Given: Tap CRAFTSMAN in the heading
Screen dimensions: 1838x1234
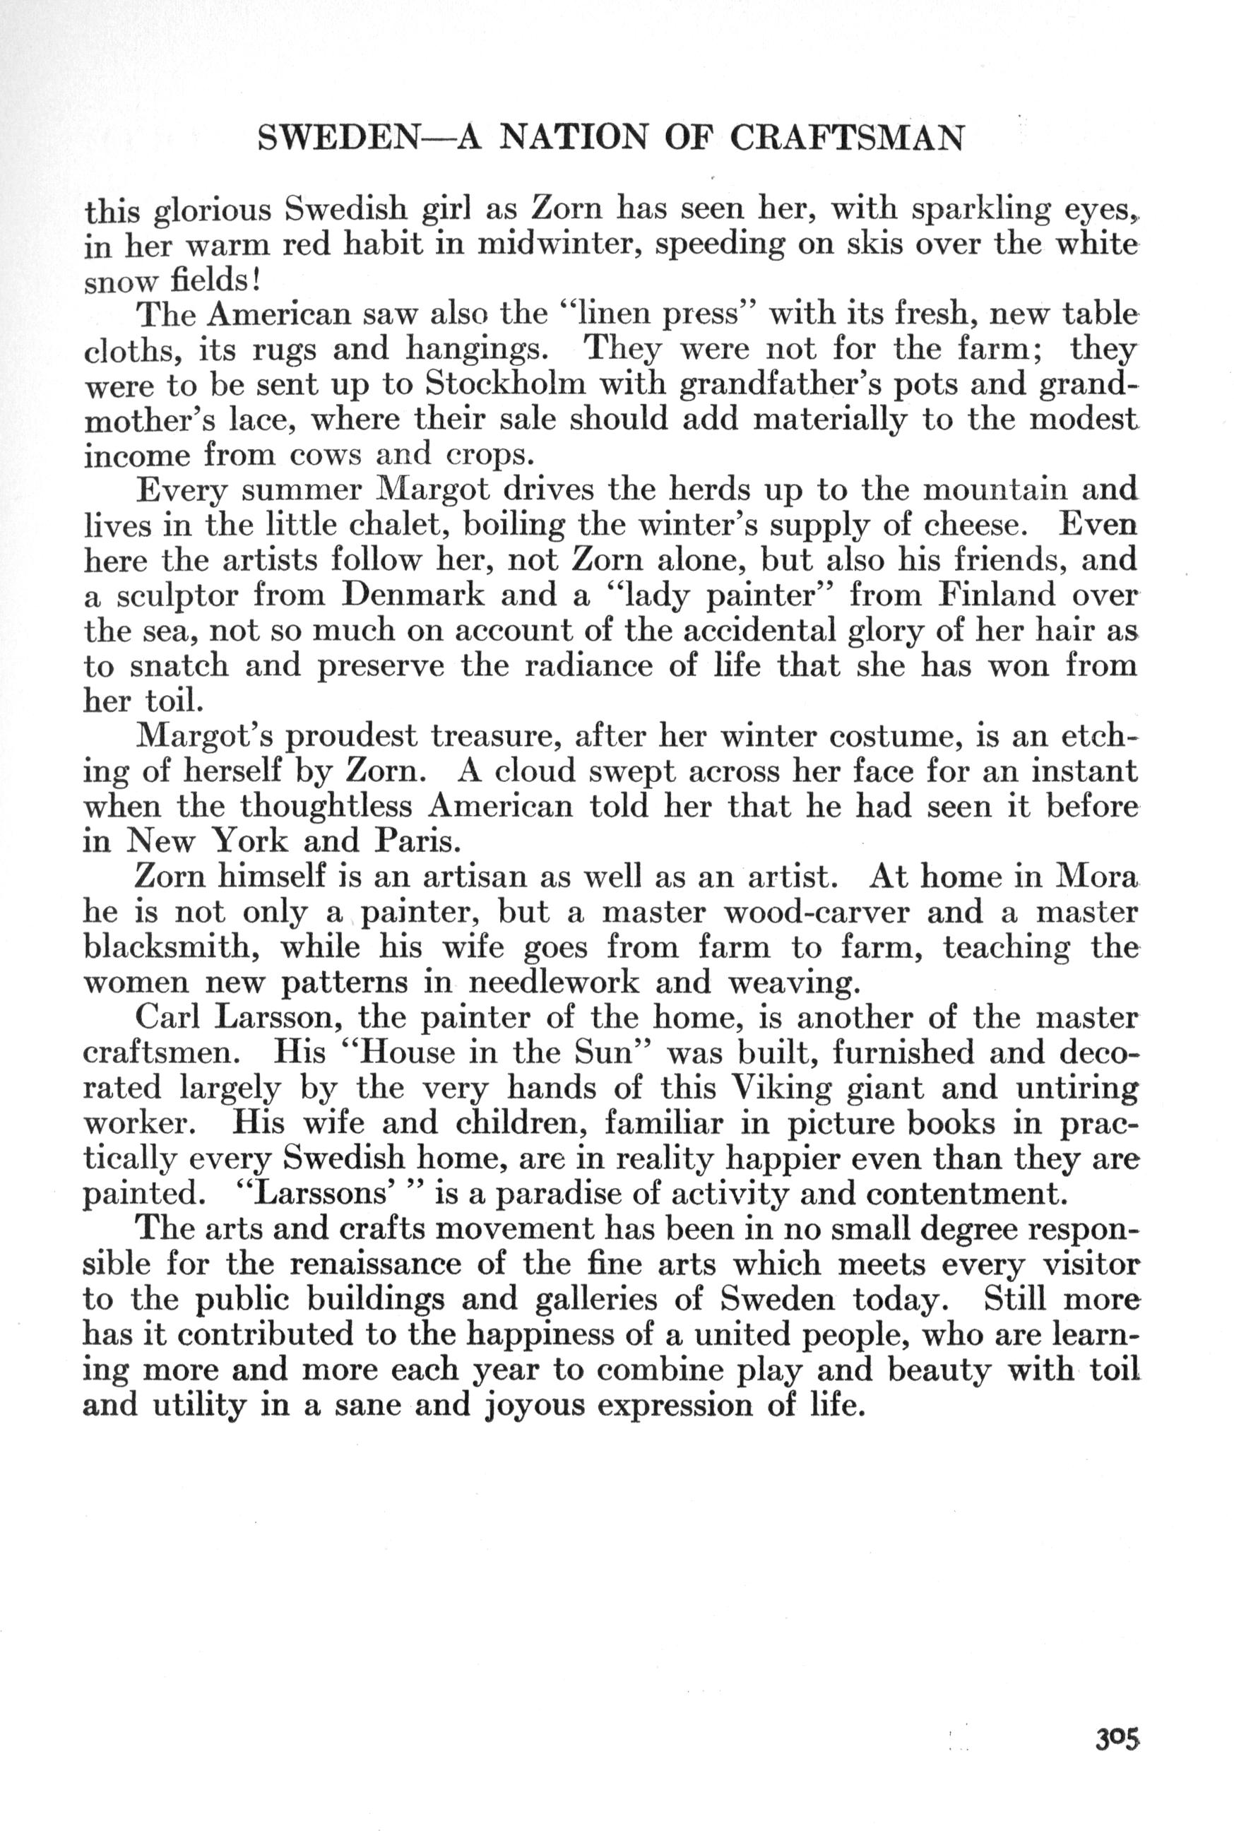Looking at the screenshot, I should coord(847,138).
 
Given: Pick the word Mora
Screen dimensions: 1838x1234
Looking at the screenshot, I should coord(1096,875).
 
